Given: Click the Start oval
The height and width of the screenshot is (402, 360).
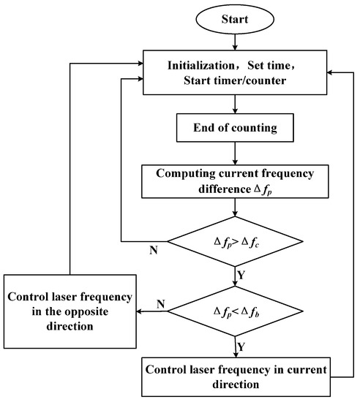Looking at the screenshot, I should coord(233,17).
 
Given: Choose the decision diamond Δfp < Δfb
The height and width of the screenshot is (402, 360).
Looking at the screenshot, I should coord(233,311).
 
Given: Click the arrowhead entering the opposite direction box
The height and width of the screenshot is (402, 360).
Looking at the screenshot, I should coord(140,311).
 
